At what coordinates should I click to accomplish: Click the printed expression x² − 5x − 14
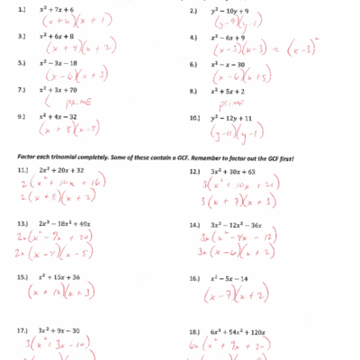(x=236, y=278)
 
